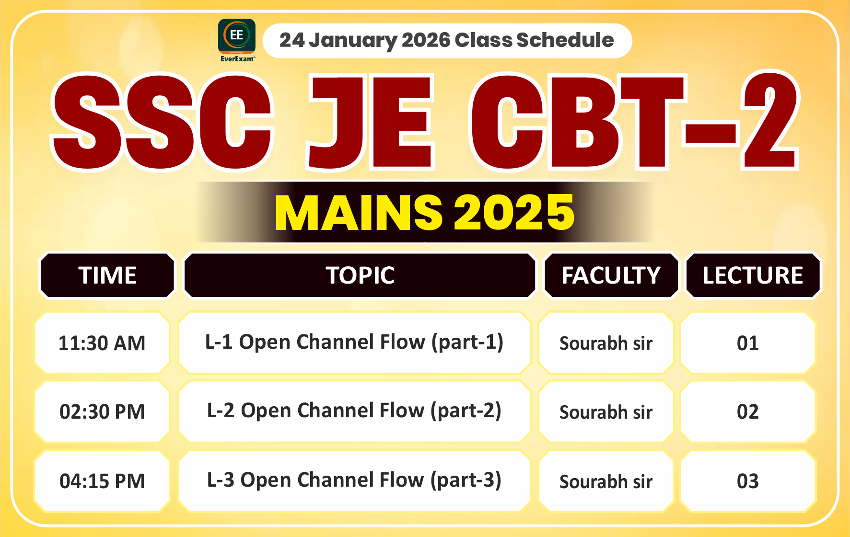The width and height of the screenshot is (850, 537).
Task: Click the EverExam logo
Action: click(236, 40)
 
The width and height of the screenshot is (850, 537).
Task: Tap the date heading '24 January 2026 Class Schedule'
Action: click(446, 41)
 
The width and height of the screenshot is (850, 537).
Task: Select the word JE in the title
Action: click(370, 123)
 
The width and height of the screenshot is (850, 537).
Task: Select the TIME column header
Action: click(107, 275)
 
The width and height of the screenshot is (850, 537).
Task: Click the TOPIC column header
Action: click(360, 275)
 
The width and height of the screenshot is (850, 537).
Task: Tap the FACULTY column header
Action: click(611, 275)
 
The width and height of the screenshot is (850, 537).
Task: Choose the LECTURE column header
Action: click(753, 275)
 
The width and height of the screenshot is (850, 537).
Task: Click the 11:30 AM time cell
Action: click(102, 343)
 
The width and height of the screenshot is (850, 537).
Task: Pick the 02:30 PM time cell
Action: click(102, 412)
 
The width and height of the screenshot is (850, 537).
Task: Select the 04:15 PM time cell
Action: click(102, 481)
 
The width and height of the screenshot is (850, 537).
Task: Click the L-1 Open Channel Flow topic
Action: click(354, 342)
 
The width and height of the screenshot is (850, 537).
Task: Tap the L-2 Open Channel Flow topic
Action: click(354, 411)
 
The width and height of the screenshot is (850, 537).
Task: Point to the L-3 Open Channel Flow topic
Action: click(354, 480)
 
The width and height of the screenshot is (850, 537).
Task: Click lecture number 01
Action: click(747, 343)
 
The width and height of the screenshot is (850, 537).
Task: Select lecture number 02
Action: click(747, 412)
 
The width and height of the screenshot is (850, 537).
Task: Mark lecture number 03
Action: click(747, 481)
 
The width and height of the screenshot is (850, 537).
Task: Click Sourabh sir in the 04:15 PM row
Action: click(606, 481)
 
